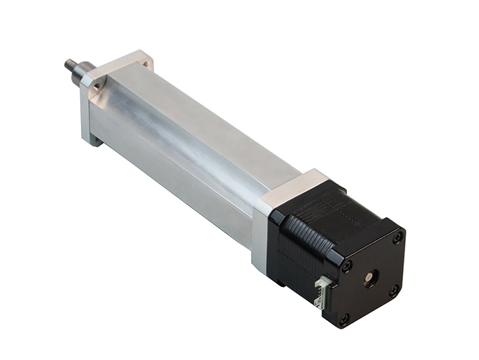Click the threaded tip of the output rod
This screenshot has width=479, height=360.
point(70,65)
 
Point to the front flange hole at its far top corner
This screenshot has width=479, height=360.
point(145,62)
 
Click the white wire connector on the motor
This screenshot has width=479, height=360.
point(322,291)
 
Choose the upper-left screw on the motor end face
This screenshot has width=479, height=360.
point(347,266)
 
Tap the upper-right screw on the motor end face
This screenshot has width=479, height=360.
point(397,238)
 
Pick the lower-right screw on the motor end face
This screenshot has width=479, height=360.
point(393,290)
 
